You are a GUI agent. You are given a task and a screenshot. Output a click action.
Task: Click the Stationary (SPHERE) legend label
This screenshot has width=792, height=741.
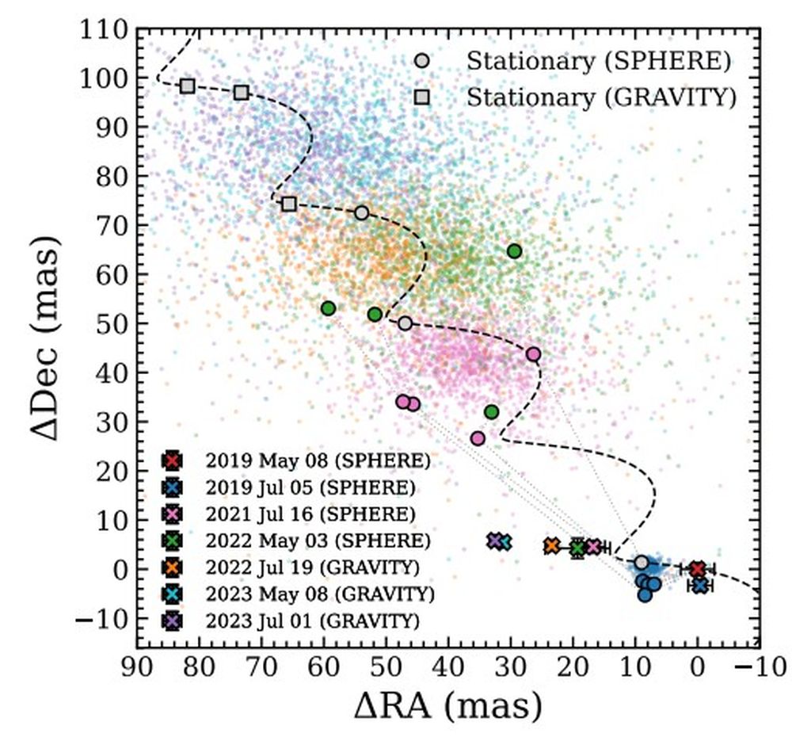pos(597,61)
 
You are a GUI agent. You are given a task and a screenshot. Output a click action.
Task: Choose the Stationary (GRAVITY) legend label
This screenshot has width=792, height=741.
pos(601,97)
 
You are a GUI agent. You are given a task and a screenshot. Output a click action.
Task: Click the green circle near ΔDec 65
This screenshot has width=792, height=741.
pos(515,251)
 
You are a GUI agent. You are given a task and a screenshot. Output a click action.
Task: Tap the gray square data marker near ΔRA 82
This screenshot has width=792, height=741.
pos(188,86)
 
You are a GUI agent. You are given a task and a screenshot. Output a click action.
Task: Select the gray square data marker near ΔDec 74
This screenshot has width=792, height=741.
pos(289,204)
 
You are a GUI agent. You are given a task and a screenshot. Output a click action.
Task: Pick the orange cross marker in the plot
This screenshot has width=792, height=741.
pos(552,546)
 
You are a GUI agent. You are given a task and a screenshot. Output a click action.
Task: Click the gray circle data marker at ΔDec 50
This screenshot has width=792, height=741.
pos(406,323)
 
